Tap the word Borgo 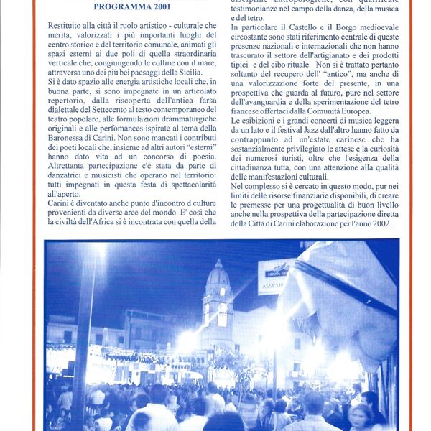point(336,27)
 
